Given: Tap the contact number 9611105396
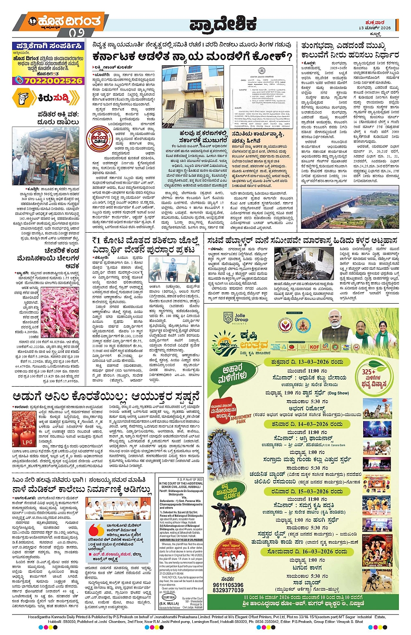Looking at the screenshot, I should coord(228,585).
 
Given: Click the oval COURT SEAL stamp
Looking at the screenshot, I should coord(169,598).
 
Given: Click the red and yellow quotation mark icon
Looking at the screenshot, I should coord(96,530).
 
